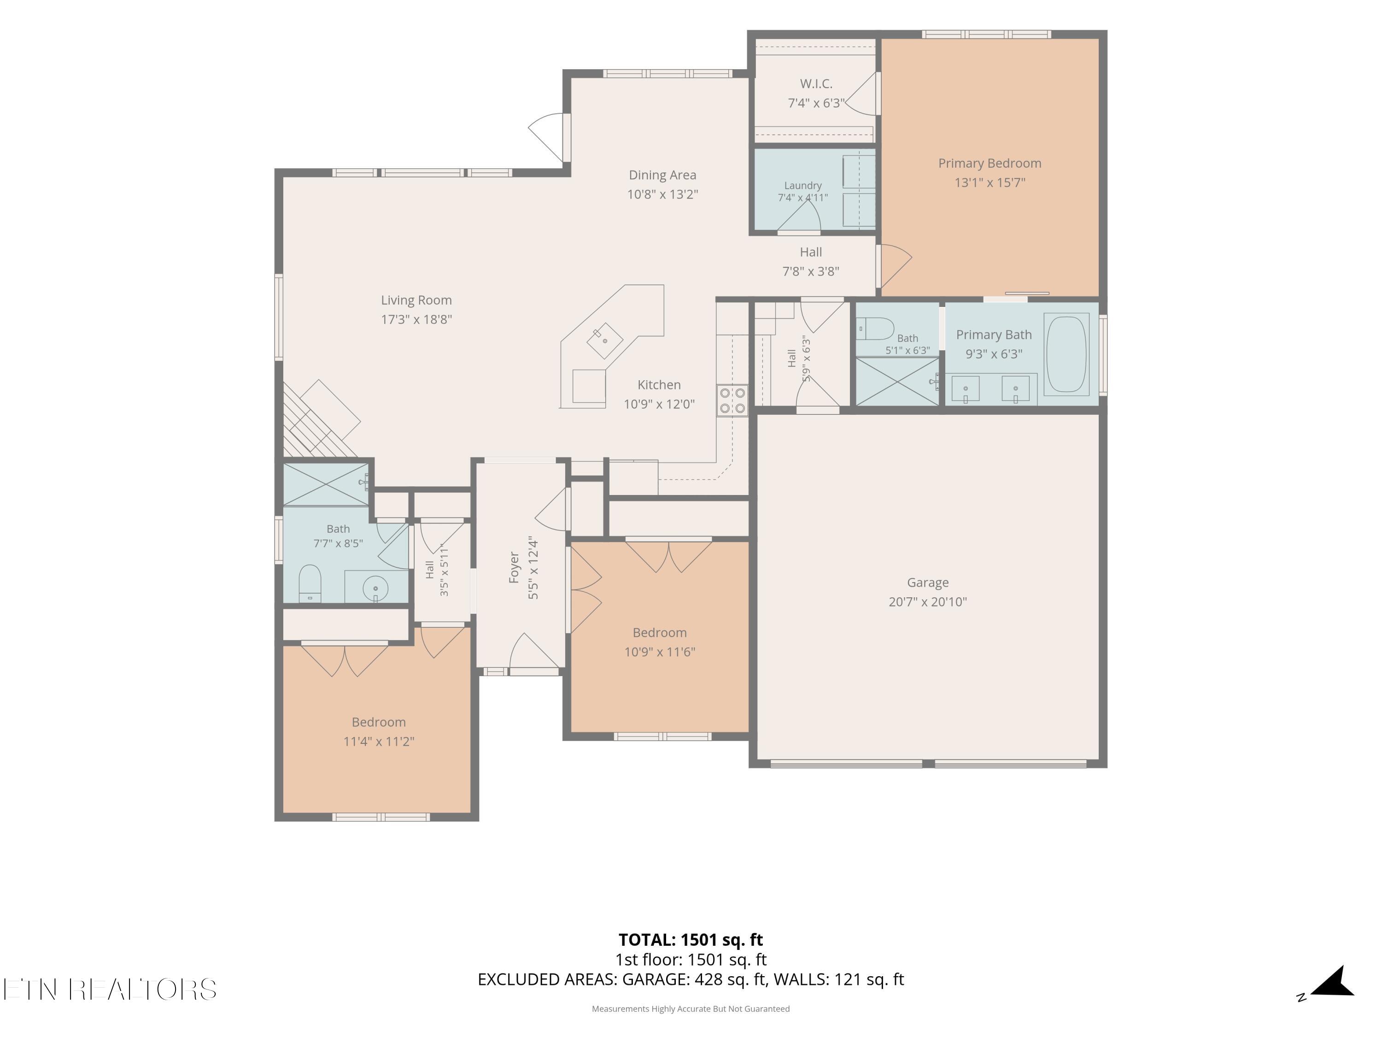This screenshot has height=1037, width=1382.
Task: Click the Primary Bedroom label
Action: [x=990, y=163]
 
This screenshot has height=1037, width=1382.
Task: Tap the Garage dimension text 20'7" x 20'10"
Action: [x=928, y=602]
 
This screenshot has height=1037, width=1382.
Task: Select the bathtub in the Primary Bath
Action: [x=1066, y=354]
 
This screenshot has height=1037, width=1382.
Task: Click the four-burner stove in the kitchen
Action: [x=732, y=400]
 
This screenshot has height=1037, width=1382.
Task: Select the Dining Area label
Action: [x=662, y=175]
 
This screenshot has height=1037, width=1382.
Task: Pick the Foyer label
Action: [x=514, y=567]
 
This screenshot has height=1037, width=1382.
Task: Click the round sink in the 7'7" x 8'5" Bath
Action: [x=375, y=588]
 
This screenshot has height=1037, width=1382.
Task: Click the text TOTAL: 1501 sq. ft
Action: [x=691, y=939]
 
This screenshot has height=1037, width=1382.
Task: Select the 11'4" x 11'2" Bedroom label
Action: [x=379, y=722]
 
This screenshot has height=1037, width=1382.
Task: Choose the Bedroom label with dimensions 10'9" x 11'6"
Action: [x=660, y=633]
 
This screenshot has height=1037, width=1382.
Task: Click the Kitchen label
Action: [x=659, y=385]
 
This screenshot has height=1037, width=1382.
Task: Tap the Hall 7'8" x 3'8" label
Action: [x=811, y=252]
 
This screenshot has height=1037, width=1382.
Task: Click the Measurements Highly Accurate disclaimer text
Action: [x=691, y=1008]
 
